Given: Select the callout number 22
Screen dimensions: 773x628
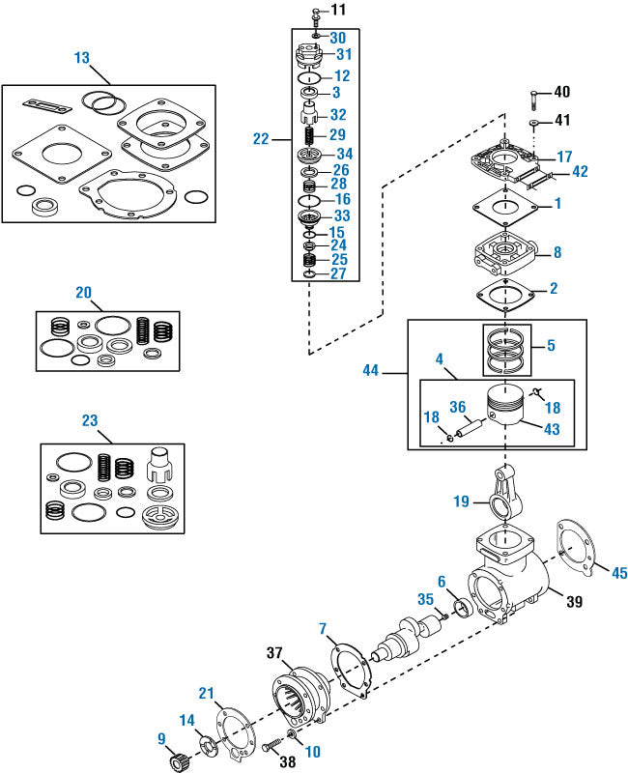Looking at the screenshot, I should [x=261, y=139].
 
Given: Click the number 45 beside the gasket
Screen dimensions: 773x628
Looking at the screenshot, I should [x=618, y=573].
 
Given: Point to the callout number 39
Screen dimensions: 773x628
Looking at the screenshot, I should [x=573, y=602].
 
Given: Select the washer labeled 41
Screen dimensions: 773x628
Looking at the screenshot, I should [x=532, y=126].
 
